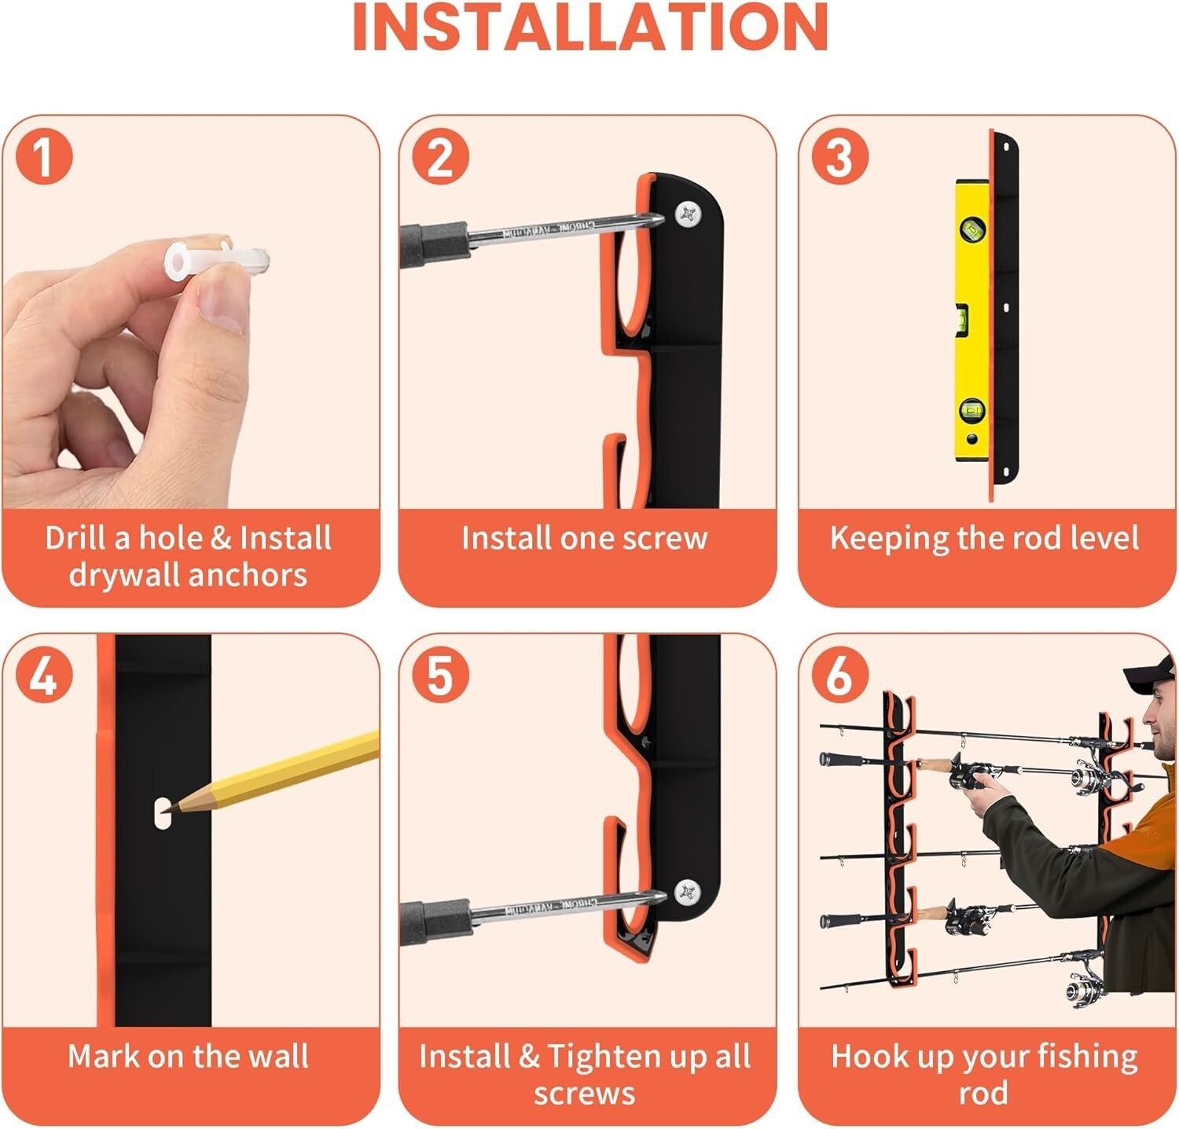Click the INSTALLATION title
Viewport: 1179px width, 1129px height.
click(589, 28)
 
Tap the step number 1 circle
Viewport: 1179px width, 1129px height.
click(44, 156)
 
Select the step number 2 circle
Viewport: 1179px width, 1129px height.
click(441, 156)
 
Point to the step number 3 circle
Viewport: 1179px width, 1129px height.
click(840, 156)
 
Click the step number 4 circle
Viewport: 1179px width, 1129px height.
click(44, 675)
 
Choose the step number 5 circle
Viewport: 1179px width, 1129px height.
click(441, 675)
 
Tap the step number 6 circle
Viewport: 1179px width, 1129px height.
click(840, 675)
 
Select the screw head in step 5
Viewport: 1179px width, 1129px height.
click(688, 891)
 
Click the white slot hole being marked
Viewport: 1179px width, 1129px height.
click(162, 812)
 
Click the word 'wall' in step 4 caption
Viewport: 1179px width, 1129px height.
click(279, 1057)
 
